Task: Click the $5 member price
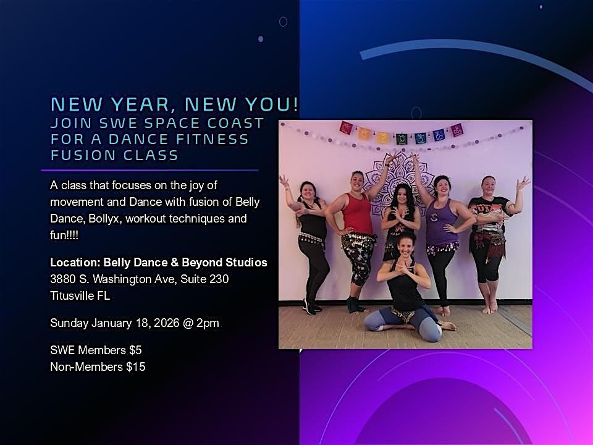tap(135, 350)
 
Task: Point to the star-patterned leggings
tap(361, 260)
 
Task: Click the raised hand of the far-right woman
tap(524, 182)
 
